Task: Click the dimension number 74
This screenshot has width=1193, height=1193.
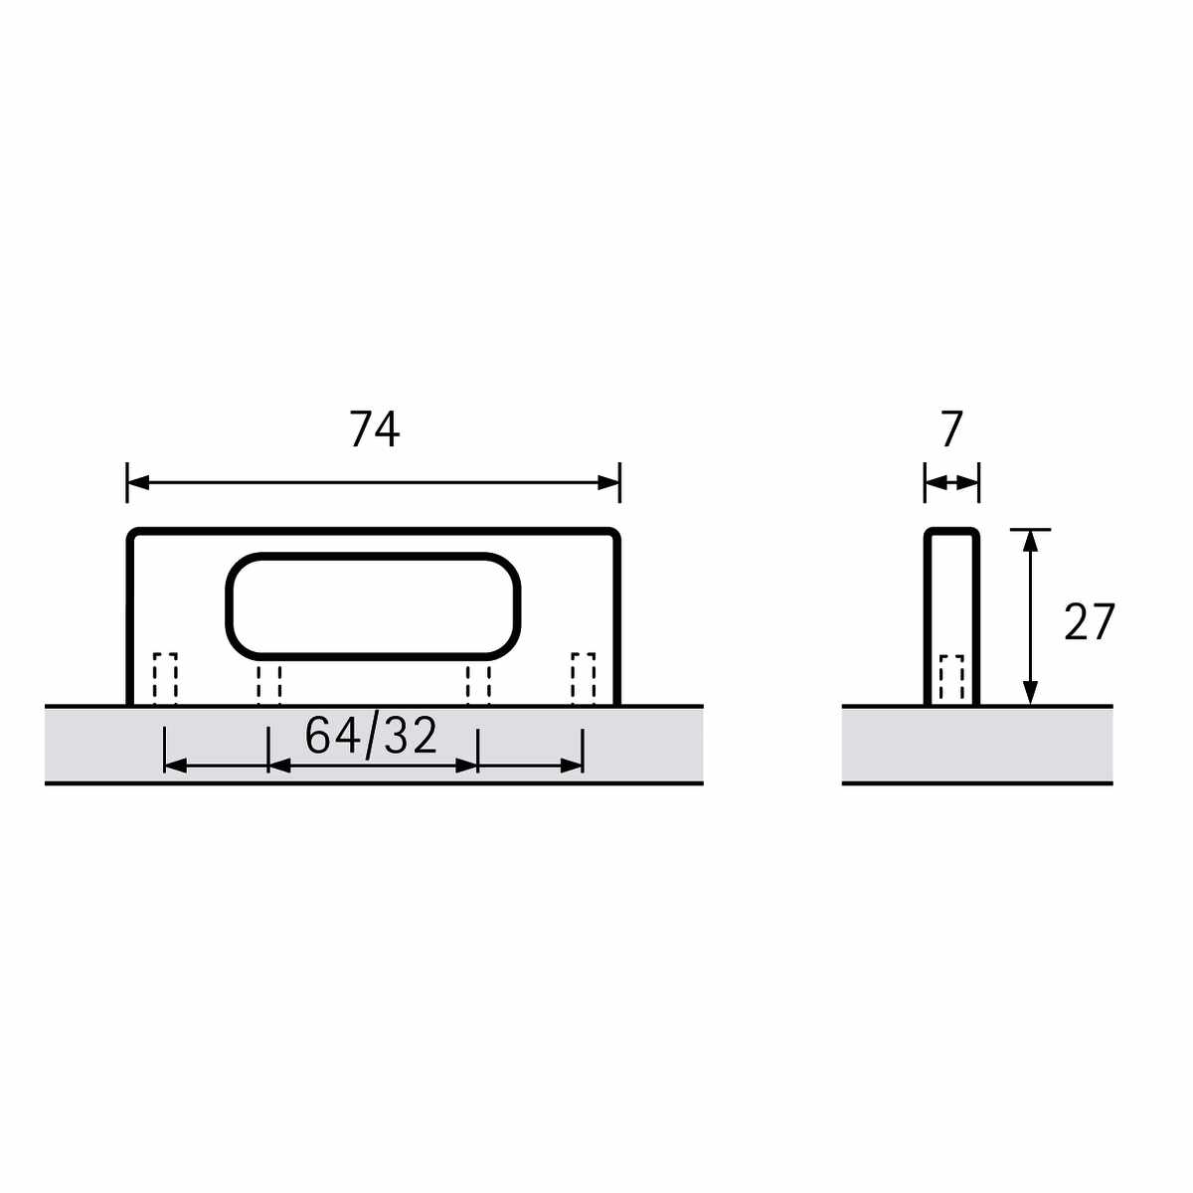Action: [374, 428]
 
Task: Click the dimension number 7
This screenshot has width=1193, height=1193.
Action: [952, 428]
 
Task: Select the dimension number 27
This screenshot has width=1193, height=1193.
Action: [1089, 621]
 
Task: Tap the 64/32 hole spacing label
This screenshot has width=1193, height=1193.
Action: [371, 737]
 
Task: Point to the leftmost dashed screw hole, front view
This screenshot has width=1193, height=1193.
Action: [165, 679]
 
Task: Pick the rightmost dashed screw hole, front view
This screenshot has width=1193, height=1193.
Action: [584, 679]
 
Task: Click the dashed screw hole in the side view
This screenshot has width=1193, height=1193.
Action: [951, 680]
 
